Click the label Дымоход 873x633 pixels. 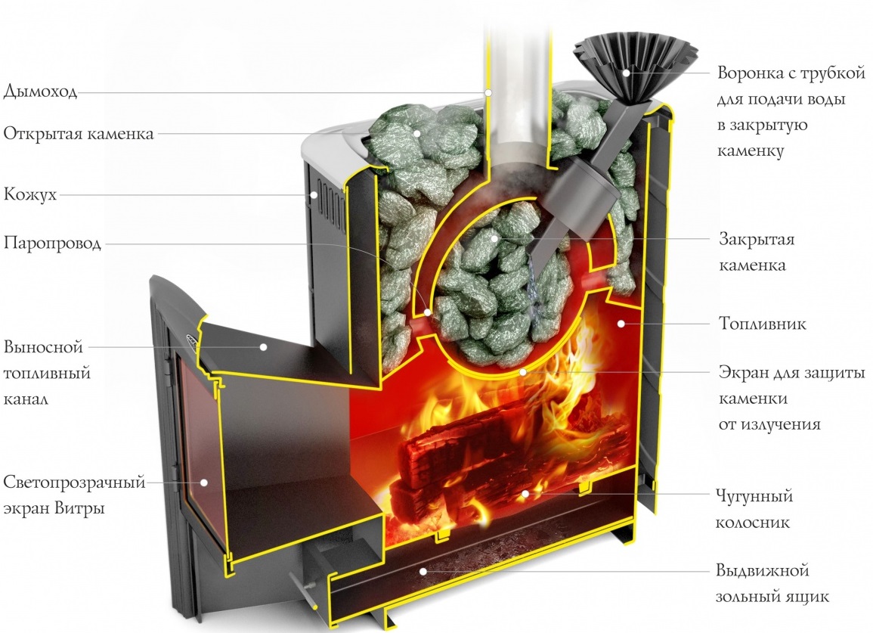40,92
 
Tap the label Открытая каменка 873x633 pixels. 79,134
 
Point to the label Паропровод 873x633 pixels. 52,244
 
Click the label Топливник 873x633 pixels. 762,324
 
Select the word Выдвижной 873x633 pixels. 762,569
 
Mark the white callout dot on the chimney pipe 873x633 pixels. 489,92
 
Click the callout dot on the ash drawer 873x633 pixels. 423,570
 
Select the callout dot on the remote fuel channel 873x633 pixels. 264,347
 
